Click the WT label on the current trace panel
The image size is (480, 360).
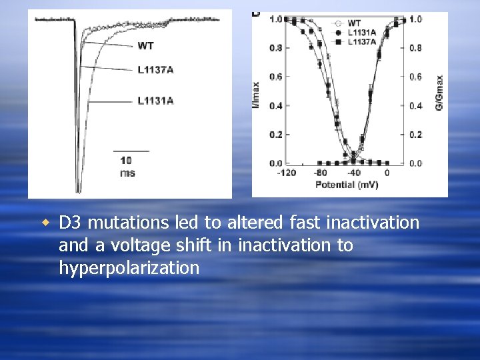(x=146, y=45)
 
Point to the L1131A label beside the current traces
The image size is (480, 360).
(x=155, y=101)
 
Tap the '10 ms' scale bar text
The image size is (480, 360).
(x=127, y=166)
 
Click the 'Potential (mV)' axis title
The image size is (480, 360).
(x=346, y=183)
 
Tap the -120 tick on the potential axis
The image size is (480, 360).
(x=287, y=173)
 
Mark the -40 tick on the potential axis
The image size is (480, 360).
(x=354, y=173)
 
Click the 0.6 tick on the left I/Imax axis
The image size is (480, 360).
(x=275, y=77)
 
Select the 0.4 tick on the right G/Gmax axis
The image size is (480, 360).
(x=415, y=105)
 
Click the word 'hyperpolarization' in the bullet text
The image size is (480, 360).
(x=129, y=269)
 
